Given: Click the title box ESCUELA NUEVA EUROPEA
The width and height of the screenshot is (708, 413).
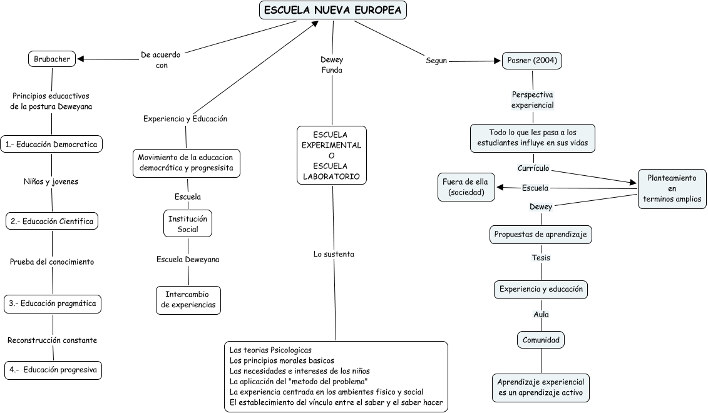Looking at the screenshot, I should click(x=332, y=10).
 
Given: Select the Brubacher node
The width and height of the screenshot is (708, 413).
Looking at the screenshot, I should click(x=51, y=59).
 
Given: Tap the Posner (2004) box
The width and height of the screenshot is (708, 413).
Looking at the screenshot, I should click(x=532, y=61).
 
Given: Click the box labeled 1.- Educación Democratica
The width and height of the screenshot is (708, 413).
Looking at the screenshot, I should click(x=51, y=144).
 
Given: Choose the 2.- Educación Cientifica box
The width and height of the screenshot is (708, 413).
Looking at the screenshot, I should click(x=52, y=221).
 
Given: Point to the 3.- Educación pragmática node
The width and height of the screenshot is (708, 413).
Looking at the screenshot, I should click(x=52, y=304).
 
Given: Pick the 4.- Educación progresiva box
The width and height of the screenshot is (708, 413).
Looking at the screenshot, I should click(x=53, y=370).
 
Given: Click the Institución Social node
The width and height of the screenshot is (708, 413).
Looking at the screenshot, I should click(x=188, y=224).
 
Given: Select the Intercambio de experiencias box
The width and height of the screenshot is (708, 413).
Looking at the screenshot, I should click(x=188, y=300).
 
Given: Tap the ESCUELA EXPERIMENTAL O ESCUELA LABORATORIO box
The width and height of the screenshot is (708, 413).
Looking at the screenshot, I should click(x=332, y=155).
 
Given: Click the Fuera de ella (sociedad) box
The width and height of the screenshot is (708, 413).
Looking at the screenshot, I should click(x=466, y=187).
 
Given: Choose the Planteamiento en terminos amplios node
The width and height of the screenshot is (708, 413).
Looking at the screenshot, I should click(x=672, y=189).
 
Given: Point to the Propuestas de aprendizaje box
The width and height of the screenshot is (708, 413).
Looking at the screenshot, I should click(x=540, y=235).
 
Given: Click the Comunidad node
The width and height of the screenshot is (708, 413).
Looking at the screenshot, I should click(x=540, y=340).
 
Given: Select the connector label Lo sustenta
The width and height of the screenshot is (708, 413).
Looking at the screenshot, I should click(x=334, y=254).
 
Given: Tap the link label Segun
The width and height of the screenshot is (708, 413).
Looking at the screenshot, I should click(x=436, y=61).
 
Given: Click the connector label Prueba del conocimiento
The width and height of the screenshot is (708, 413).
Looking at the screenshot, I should click(x=52, y=262).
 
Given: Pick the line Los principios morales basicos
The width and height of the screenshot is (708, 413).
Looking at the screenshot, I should click(x=282, y=360).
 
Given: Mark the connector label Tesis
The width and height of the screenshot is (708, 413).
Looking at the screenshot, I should click(x=541, y=257).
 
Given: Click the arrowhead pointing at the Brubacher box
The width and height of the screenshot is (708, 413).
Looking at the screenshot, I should click(x=81, y=59).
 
